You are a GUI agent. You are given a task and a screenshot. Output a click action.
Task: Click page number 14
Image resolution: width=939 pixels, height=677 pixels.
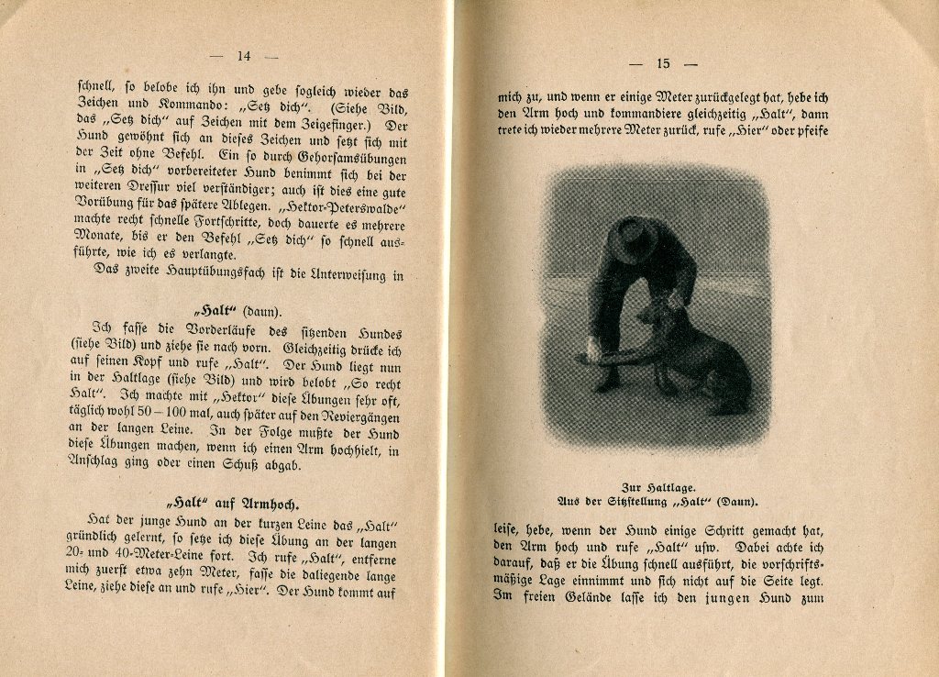[243, 55]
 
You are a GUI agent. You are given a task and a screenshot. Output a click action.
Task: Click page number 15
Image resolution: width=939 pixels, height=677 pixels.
[663, 63]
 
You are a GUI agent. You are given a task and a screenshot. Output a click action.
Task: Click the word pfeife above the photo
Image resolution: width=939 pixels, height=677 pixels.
[806, 131]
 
